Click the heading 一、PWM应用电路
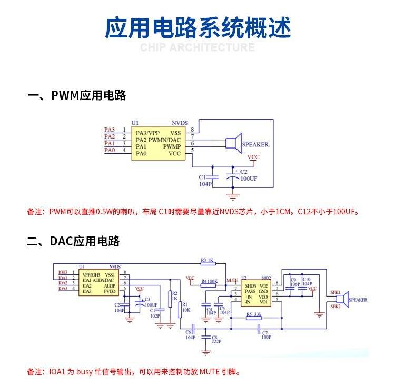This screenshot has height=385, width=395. (x=77, y=95)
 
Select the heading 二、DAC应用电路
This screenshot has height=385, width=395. (x=74, y=241)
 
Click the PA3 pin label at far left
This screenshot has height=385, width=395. (x=109, y=130)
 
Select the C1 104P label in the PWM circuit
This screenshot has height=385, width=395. (x=204, y=181)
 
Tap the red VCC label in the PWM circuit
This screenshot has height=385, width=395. (x=253, y=157)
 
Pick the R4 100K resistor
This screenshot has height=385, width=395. (x=209, y=282)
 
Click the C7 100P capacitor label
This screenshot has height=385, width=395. (x=265, y=335)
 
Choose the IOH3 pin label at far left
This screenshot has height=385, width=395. (x=63, y=274)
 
